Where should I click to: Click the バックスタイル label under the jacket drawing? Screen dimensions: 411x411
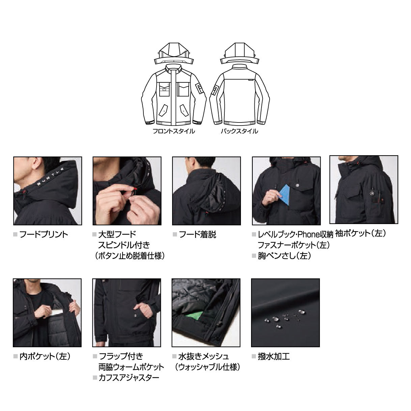(x=239, y=132)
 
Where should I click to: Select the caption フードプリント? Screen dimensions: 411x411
(x=44, y=235)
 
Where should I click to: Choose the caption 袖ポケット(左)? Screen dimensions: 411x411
(x=360, y=233)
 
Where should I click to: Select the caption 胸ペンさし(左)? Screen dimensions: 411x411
(x=284, y=256)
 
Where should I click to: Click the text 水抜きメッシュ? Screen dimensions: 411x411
(x=204, y=356)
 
